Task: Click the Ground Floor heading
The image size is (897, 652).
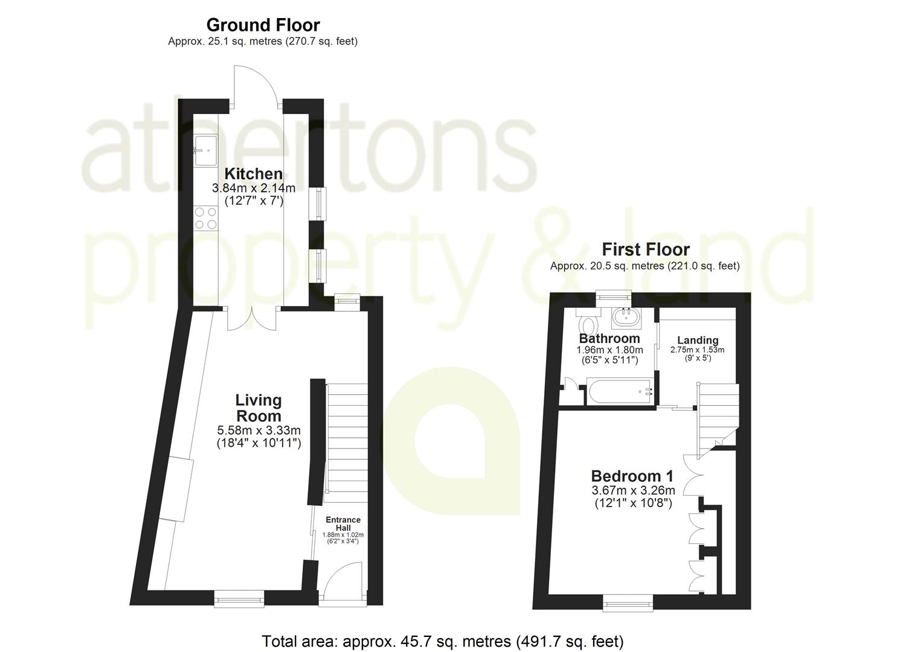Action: coord(263,25)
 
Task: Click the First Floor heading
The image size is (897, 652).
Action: coord(646,250)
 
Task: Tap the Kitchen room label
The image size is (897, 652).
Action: coord(254,174)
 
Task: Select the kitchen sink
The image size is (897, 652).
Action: coord(207,150)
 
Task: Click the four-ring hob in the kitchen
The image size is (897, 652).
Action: coord(207,218)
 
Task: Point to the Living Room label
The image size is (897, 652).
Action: coord(259,408)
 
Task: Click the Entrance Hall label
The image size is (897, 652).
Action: coord(343,523)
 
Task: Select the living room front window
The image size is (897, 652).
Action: coord(239,599)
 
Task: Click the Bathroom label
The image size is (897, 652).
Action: coord(609,338)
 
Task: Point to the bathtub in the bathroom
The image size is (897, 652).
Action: coord(620,391)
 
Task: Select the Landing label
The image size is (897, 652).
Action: coord(698,340)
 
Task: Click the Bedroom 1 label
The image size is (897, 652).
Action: coord(632,476)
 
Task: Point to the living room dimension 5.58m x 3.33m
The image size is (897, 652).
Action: coord(259,430)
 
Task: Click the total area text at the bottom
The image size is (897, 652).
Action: coord(443,641)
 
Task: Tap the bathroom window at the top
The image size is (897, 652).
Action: coord(614,295)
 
